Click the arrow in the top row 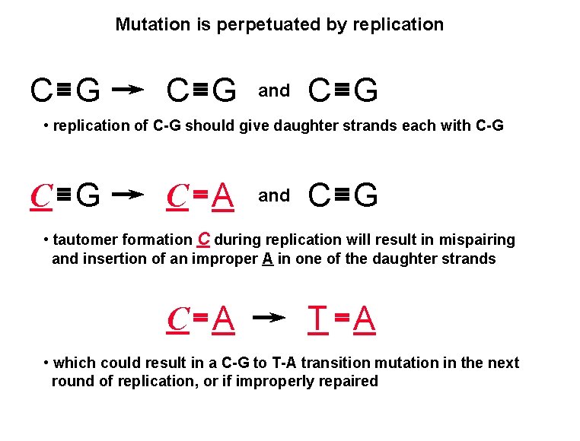point(128,90)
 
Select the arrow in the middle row point(128,195)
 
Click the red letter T point(318,319)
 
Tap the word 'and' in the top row point(274,91)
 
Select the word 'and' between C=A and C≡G point(274,196)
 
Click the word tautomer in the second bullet point(84,240)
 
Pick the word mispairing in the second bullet point(480,240)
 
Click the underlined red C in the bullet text point(203,238)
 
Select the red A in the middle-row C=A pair point(222,196)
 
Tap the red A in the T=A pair point(365,319)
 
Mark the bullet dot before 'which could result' point(46,363)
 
